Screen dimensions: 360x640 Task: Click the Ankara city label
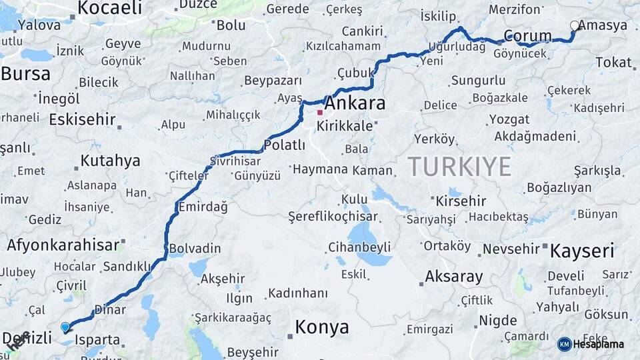click(354, 103)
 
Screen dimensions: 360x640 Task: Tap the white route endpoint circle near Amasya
click(575, 26)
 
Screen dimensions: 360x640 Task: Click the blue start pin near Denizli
click(65, 327)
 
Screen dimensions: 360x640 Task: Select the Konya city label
click(322, 327)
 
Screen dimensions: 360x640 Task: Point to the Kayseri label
click(581, 251)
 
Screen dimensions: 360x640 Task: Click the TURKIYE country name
click(459, 166)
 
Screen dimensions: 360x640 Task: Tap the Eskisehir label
click(83, 120)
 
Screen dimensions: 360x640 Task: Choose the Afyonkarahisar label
click(63, 245)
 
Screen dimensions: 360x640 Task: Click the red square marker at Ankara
click(320, 113)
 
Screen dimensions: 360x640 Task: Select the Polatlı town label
click(285, 145)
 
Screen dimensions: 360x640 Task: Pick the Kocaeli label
click(110, 8)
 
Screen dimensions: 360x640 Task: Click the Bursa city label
click(25, 73)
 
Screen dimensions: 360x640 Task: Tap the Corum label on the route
click(527, 36)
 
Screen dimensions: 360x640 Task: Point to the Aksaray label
click(453, 276)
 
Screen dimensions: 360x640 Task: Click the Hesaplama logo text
click(598, 344)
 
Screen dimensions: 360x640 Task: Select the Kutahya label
click(110, 161)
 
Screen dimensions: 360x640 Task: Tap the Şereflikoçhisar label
click(333, 217)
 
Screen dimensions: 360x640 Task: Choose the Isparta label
click(97, 339)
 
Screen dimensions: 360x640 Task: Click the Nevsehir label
click(511, 249)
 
